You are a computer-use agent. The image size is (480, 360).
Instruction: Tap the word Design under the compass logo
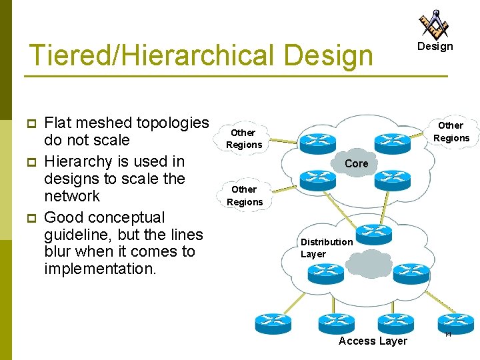tap(435, 47)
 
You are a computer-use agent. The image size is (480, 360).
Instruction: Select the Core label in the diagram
tap(357, 163)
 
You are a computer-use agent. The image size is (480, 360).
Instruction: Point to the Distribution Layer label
tap(326, 248)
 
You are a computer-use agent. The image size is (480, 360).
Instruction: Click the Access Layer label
tap(373, 341)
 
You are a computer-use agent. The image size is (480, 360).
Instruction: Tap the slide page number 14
tap(447, 333)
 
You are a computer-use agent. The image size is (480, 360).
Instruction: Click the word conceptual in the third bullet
tap(132, 217)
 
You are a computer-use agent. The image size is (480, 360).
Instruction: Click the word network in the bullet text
tap(72, 196)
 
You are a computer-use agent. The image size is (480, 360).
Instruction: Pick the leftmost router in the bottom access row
tap(274, 323)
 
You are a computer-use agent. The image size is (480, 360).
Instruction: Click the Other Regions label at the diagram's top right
tap(451, 132)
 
